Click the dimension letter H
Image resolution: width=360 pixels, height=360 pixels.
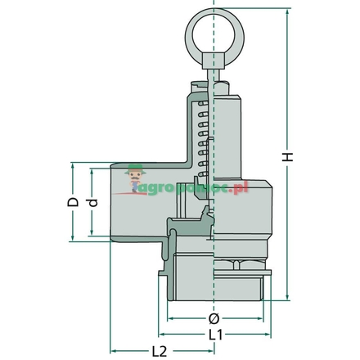tap(287, 156)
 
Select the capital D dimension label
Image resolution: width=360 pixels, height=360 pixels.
tap(73, 200)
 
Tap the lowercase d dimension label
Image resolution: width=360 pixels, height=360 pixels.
tap(93, 203)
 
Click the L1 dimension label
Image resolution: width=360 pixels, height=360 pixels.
tap(214, 335)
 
